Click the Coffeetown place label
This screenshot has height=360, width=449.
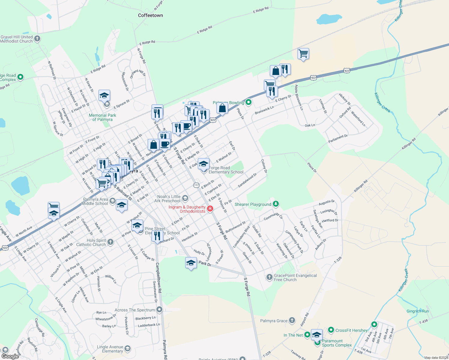coord(150,15)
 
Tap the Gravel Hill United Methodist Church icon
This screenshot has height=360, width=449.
coord(37,38)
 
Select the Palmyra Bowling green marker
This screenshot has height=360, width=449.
coord(248,102)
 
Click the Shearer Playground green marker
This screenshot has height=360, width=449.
coord(276,204)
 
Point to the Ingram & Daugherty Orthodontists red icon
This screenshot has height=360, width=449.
coord(210,209)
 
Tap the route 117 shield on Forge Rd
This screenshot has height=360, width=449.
coord(196,185)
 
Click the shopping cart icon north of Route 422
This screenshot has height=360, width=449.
coord(303,54)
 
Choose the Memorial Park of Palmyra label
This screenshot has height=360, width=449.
coord(102,117)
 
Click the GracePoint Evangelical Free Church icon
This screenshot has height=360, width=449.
coord(269,277)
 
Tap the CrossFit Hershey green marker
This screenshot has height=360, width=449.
coord(331,330)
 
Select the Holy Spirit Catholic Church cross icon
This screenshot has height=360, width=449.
coord(110,242)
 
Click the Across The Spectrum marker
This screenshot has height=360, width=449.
coord(159,309)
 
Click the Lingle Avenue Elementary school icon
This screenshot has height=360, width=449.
coord(128,348)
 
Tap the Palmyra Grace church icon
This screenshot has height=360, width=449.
coord(292,320)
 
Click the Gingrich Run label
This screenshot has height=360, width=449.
coord(417,311)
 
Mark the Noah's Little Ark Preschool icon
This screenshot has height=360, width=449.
coord(185,198)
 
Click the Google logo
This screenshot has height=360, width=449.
coord(10,356)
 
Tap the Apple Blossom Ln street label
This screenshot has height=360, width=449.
coord(299,97)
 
